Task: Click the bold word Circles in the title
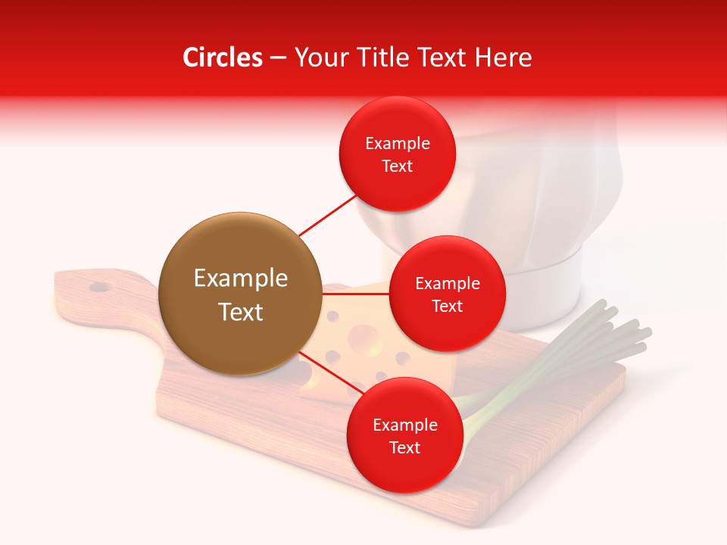coord(223,58)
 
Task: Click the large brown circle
coord(240,294)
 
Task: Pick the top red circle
coord(397,154)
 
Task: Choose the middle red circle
coord(447,294)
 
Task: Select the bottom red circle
coord(404,435)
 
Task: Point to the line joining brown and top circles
coord(327,215)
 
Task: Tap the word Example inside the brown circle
coord(240,279)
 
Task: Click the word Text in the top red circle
coord(397,167)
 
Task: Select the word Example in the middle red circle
coord(447,284)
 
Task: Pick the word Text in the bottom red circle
coord(404,447)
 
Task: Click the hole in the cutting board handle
coord(98,288)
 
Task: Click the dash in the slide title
coord(278,58)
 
